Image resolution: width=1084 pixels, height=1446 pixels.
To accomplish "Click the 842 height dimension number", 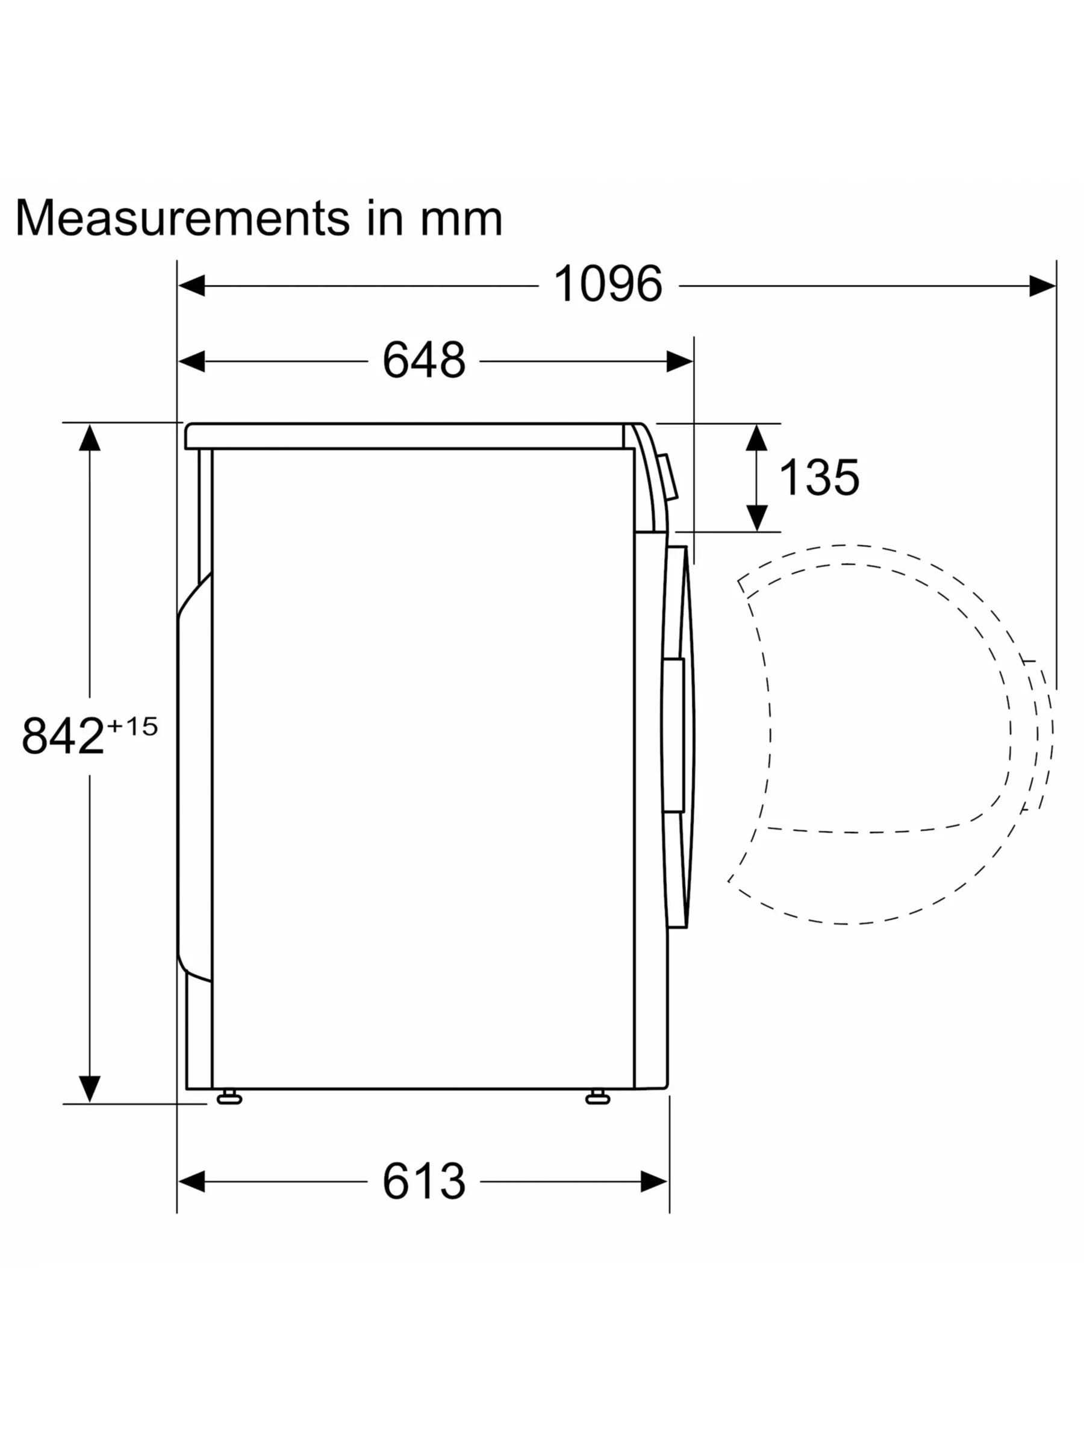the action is point(63,736).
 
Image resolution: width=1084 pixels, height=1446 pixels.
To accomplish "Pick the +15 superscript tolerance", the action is point(132,726).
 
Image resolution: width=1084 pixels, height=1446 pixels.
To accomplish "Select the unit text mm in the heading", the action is point(461,223).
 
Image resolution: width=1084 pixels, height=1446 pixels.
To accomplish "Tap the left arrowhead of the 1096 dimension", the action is point(192,286).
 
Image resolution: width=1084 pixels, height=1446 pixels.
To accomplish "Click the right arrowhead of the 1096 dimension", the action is point(1042,286).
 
